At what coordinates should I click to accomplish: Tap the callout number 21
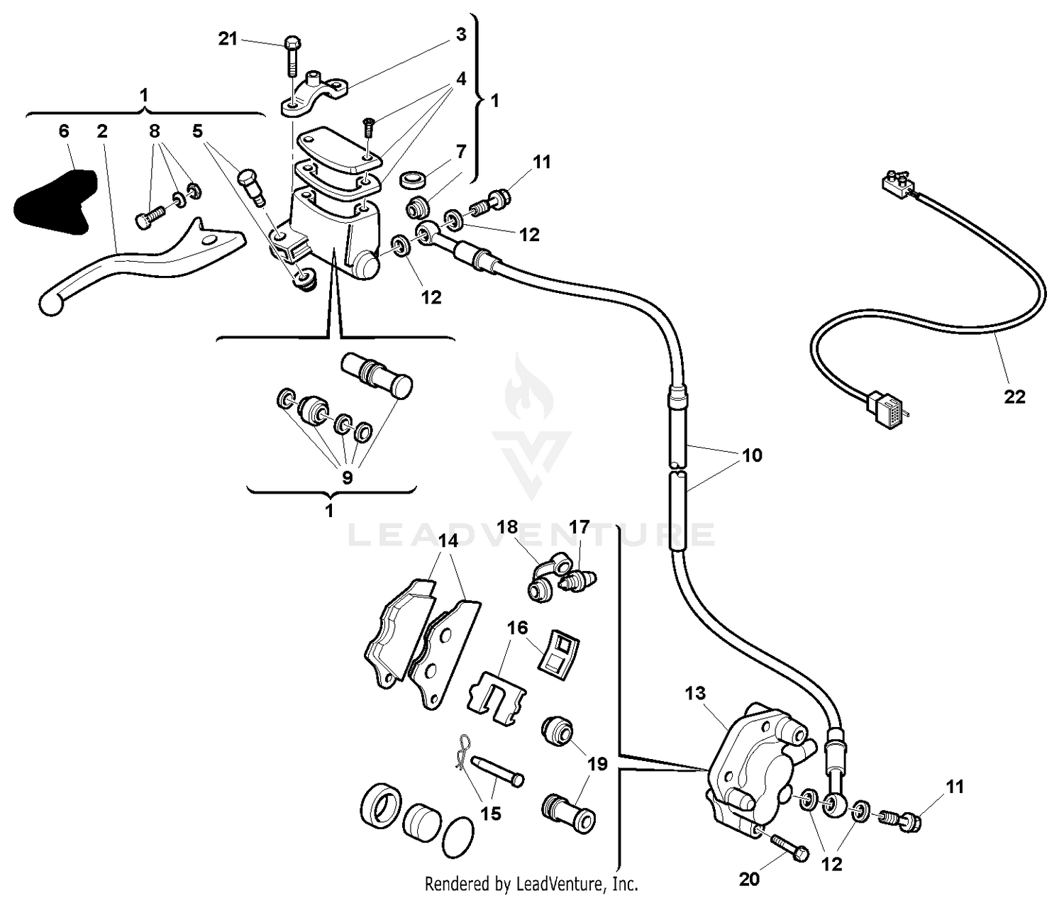pyautogui.click(x=228, y=39)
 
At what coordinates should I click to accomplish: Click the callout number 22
pyautogui.click(x=1014, y=397)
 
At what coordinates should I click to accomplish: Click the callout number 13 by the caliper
pyautogui.click(x=696, y=692)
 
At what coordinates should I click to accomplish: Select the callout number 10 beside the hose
pyautogui.click(x=752, y=455)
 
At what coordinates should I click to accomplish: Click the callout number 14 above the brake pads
pyautogui.click(x=448, y=541)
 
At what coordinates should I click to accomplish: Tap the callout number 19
pyautogui.click(x=597, y=764)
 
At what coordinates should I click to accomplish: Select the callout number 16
pyautogui.click(x=517, y=628)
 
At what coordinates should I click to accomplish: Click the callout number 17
pyautogui.click(x=579, y=527)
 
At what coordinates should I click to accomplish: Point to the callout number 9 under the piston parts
pyautogui.click(x=347, y=477)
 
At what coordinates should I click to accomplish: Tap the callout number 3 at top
pyautogui.click(x=460, y=34)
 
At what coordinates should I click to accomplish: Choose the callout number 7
pyautogui.click(x=461, y=151)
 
